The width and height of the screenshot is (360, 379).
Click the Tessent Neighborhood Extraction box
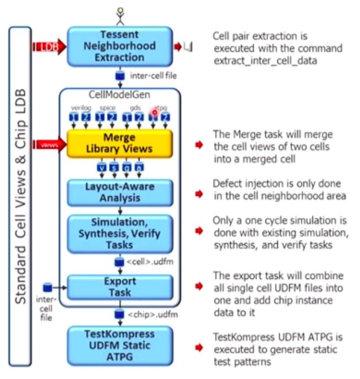click(120, 46)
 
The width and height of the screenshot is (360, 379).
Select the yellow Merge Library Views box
click(120, 143)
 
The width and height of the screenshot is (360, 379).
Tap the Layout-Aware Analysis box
click(120, 193)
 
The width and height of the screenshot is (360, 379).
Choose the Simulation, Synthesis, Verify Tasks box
click(120, 233)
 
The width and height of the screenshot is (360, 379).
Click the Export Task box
click(120, 287)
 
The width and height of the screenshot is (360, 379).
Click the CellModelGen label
click(120, 94)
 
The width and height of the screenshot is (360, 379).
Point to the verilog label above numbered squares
click(80, 108)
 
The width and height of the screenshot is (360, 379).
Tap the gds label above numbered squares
click(133, 108)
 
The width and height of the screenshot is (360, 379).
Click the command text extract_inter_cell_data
click(265, 60)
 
